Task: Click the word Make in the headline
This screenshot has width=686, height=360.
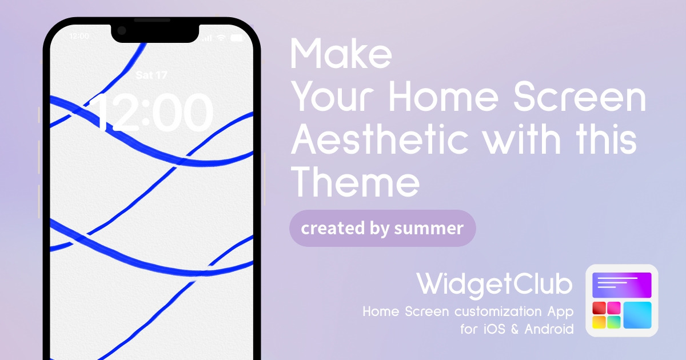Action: click(341, 54)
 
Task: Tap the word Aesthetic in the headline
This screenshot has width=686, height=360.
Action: click(380, 139)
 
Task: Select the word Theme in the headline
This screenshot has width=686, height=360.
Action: click(355, 182)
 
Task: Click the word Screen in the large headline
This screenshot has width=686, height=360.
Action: click(580, 97)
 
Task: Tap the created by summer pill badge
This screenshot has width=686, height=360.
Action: click(382, 229)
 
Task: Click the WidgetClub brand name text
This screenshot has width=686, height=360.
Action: click(494, 285)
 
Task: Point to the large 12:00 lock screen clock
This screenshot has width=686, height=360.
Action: click(151, 113)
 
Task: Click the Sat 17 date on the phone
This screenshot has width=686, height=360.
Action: click(151, 75)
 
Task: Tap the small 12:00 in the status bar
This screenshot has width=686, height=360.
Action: click(79, 36)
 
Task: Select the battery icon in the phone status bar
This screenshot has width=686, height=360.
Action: click(237, 38)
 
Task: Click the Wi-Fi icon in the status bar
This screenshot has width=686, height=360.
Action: click(221, 38)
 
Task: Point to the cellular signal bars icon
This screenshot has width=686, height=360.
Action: click(207, 38)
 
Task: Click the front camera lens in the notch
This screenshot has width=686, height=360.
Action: click(122, 31)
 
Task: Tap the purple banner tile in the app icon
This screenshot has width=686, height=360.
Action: click(622, 285)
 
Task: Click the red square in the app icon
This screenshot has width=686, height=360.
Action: click(599, 308)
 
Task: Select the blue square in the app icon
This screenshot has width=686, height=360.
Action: click(637, 315)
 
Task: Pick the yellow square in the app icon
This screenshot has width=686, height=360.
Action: click(599, 322)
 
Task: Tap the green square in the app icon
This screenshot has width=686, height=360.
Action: click(614, 322)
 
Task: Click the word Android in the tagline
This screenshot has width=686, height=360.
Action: click(549, 329)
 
